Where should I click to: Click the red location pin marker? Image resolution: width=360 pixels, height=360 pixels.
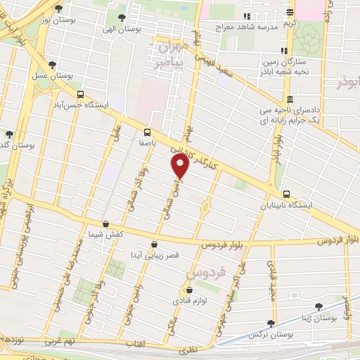tap(180, 166)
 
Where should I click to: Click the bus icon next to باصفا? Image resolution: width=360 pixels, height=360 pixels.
tap(148, 131)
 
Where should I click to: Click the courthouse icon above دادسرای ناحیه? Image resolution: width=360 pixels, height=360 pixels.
tap(290, 99)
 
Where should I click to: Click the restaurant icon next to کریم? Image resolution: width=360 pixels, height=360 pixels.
tap(290, 12)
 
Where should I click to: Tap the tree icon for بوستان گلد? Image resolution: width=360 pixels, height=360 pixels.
tap(9, 134)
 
